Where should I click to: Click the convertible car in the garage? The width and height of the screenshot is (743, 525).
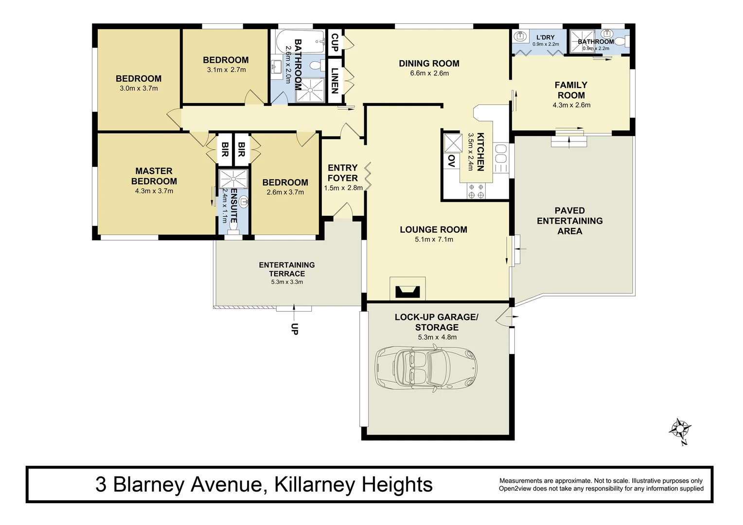point(426,368)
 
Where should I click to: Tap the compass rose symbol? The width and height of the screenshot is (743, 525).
point(680,430)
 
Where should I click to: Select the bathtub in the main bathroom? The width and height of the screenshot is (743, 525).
point(301,43)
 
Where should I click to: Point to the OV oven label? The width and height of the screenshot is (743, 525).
point(451,161)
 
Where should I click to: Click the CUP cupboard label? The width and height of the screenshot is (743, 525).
point(335,42)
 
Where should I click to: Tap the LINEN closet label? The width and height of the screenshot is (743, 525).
point(335,81)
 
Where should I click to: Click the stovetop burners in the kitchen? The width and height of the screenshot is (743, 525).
point(476,191)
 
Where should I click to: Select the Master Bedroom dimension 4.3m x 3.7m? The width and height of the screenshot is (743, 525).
point(154,191)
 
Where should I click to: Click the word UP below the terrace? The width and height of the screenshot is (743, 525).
point(294,329)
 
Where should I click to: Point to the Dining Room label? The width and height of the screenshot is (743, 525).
point(429,63)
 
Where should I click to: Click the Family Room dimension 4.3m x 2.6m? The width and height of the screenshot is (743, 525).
point(571,105)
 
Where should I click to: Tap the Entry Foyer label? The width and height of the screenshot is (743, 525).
point(342,173)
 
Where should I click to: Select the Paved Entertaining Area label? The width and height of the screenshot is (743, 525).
point(569,221)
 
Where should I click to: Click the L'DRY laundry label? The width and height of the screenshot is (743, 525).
point(545,37)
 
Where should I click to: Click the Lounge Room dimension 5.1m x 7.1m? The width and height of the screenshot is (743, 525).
point(434,239)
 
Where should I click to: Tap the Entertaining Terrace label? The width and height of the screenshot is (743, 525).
point(286,269)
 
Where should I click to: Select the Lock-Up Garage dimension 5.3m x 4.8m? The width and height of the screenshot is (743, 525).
point(437,337)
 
